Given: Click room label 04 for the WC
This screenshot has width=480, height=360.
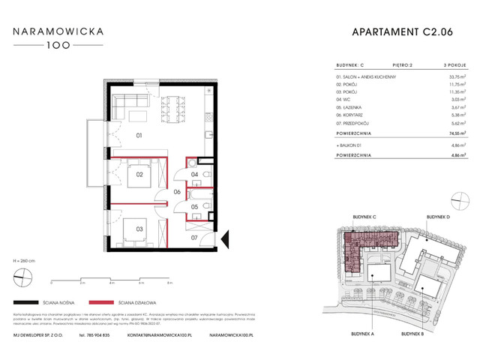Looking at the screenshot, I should pos(194,175).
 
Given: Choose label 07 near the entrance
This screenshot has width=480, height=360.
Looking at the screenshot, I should pos(194,238).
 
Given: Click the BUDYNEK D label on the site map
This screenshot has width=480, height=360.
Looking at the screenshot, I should pos(437,216).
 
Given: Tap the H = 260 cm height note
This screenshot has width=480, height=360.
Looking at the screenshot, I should pos(23,259).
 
